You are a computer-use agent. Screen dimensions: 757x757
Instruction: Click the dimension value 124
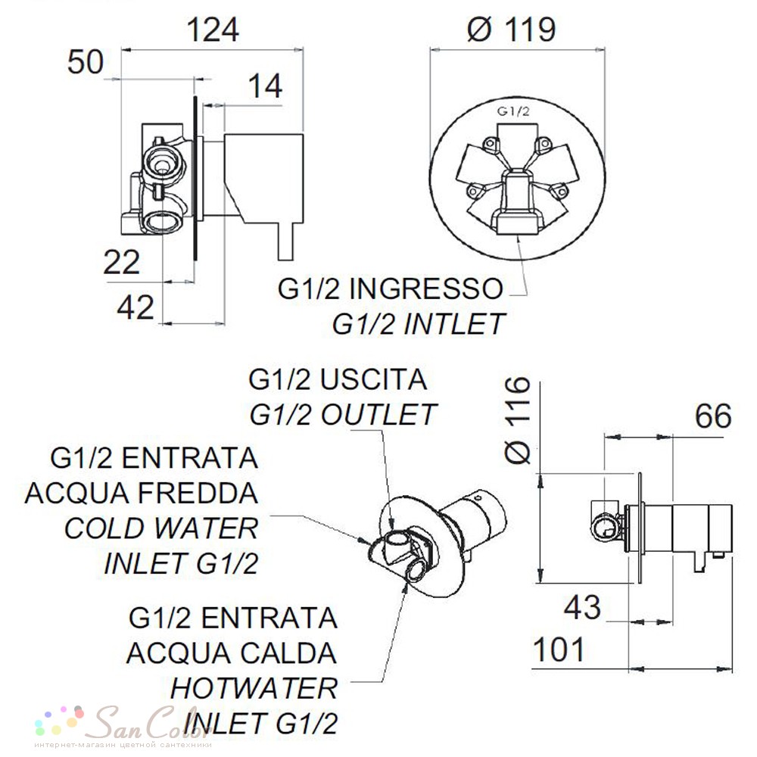[x=213, y=30]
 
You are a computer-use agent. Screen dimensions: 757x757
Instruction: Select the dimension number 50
[x=86, y=62]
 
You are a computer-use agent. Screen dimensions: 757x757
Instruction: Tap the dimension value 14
[x=265, y=86]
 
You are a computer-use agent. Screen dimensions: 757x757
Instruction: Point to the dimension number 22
[x=122, y=263]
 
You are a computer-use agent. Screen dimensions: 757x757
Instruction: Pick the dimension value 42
[x=136, y=307]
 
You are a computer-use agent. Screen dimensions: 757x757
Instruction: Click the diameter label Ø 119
[x=512, y=30]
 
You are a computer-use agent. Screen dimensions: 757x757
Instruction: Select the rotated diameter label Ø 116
[x=517, y=420]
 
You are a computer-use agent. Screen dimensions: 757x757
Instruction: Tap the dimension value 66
[x=713, y=416]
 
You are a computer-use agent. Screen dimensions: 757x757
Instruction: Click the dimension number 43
[x=583, y=607]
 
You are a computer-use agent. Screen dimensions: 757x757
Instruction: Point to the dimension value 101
[x=559, y=650]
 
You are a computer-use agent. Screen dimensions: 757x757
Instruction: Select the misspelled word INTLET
[x=453, y=323]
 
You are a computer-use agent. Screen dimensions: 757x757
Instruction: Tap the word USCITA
[x=374, y=379]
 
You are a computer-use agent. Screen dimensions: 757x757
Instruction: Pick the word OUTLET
[x=378, y=415]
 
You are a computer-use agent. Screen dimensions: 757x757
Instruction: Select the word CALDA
[x=288, y=653]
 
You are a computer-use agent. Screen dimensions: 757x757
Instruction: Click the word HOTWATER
[x=254, y=688]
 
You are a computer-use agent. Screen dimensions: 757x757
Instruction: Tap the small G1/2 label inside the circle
[x=514, y=111]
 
